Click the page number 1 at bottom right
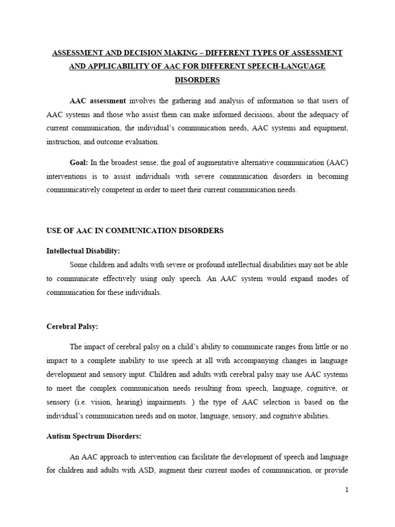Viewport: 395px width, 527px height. (347, 490)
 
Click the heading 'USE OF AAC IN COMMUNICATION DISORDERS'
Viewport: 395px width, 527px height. (135, 231)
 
